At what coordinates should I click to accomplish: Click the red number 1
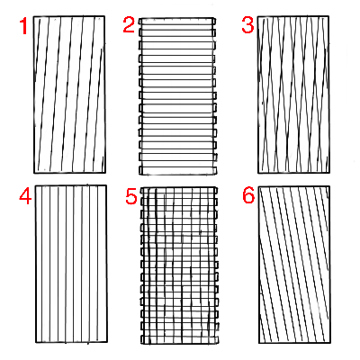[x=23, y=26]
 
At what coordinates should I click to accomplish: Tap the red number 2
[x=129, y=24]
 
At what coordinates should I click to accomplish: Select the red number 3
[x=247, y=25]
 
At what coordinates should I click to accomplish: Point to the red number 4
[x=25, y=197]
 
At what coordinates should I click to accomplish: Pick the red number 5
[x=131, y=197]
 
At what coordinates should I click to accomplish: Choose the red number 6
[x=248, y=195]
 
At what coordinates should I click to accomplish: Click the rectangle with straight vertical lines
[x=71, y=264]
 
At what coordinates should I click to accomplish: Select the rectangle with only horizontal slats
[x=177, y=96]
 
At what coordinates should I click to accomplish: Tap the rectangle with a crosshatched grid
[x=179, y=265]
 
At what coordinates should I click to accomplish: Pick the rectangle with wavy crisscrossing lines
[x=293, y=94]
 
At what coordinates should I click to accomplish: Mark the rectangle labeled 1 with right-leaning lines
[x=69, y=94]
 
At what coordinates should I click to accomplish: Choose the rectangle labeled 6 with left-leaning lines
[x=294, y=265]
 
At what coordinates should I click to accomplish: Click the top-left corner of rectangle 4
[x=35, y=185]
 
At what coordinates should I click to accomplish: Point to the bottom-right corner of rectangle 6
[x=330, y=343]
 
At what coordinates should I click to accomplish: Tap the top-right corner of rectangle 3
[x=328, y=16]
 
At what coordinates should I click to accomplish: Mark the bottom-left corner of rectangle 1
[x=34, y=173]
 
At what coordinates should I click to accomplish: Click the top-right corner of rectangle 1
[x=104, y=16]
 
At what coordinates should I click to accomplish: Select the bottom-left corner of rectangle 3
[x=258, y=173]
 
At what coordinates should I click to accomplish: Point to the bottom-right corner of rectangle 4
[x=107, y=342]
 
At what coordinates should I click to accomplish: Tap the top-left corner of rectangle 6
[x=259, y=186]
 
